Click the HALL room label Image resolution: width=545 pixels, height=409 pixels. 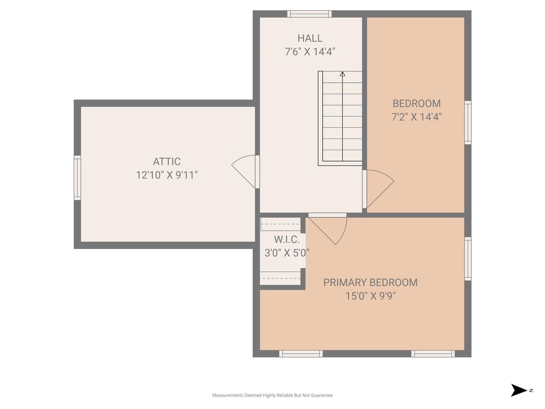(x=310, y=38)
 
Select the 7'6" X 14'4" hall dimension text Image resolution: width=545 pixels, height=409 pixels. (x=310, y=52)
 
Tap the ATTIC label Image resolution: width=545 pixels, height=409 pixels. (x=167, y=161)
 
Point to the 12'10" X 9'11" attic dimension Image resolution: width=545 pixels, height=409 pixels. (x=167, y=175)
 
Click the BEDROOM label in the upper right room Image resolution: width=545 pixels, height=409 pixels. (x=416, y=104)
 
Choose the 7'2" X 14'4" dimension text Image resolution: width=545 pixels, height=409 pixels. (x=416, y=117)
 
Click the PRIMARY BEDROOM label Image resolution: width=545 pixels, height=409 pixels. (x=370, y=282)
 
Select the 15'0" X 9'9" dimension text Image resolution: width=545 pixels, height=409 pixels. (x=370, y=296)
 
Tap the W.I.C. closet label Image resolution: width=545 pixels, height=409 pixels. (x=287, y=239)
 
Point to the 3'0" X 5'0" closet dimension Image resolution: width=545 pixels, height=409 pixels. (x=287, y=253)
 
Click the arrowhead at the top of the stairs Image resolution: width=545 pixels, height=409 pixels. (x=342, y=74)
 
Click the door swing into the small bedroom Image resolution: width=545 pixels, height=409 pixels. (x=380, y=188)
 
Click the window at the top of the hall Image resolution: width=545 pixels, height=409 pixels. (x=310, y=14)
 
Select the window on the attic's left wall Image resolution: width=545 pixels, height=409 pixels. (x=77, y=178)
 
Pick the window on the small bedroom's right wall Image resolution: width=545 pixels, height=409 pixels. (x=468, y=123)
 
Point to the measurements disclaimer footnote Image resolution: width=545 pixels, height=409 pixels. (x=272, y=395)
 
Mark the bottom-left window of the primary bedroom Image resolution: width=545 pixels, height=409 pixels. (x=301, y=354)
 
